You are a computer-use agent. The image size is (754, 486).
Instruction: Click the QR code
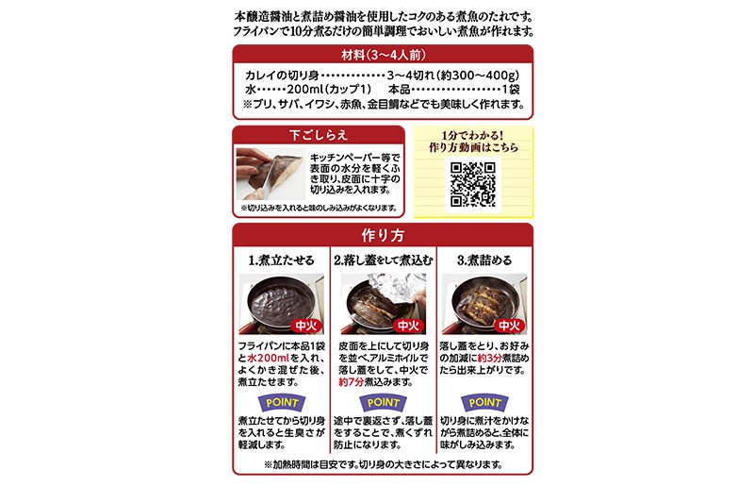point(473,184)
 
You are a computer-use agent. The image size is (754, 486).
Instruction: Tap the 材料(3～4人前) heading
point(384,55)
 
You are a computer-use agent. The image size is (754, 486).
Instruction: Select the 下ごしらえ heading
point(319,135)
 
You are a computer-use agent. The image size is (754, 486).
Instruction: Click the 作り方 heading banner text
point(383,235)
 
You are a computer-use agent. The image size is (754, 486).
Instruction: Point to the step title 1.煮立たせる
point(281,260)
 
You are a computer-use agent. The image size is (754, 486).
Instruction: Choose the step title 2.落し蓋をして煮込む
point(384,260)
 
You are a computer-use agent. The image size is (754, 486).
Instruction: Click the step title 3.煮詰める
point(484,260)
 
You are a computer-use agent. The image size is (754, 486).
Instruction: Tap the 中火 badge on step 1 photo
point(306,327)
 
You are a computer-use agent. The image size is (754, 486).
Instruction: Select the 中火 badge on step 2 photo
point(408,327)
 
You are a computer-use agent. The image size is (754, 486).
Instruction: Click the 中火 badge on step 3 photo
point(509,327)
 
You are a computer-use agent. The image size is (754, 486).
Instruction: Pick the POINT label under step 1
point(282,403)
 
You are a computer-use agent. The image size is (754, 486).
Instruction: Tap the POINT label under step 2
point(384,403)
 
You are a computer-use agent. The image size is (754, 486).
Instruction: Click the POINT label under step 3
point(484,403)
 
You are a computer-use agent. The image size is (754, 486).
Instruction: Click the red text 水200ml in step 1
point(269,359)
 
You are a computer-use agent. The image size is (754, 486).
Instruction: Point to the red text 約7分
point(351,382)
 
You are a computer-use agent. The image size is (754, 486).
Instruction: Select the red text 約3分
point(489,359)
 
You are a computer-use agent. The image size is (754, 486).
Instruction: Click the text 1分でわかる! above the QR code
point(472,136)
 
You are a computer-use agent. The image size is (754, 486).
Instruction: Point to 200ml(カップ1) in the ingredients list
point(329,90)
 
